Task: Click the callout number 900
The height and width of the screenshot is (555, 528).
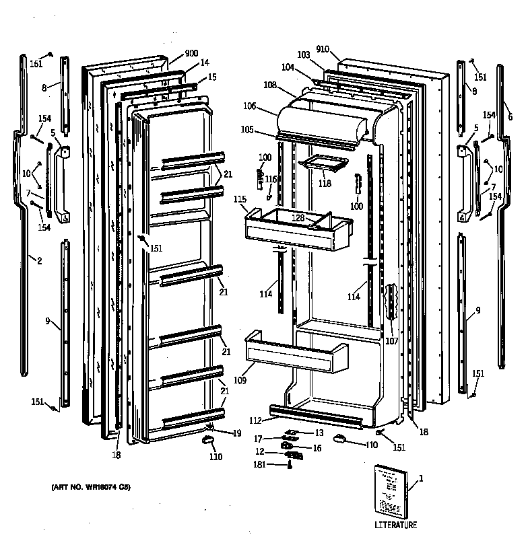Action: point(191,53)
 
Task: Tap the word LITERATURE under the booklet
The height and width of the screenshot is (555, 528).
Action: point(395,525)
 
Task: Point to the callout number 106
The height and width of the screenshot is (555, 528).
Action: point(250,106)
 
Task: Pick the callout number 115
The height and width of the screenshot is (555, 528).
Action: point(240,200)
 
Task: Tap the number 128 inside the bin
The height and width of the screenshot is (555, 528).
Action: point(298,217)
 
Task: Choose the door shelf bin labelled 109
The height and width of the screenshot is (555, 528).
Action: point(296,353)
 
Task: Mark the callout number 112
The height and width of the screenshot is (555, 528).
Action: point(255,421)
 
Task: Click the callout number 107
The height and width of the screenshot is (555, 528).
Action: point(392,340)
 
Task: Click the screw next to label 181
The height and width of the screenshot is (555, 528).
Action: point(290,464)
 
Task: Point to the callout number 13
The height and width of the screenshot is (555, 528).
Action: point(319,433)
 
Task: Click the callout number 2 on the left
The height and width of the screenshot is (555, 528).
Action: point(39,260)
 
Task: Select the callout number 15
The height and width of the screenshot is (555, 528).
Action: point(212,77)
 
